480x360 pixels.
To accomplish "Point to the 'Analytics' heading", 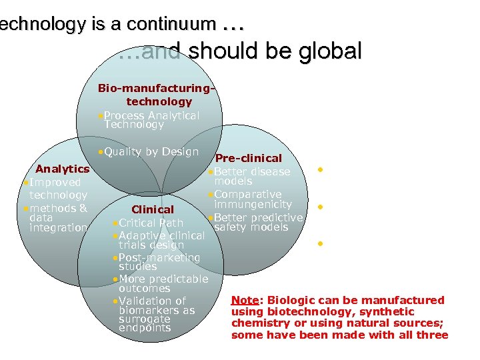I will coord(62,169).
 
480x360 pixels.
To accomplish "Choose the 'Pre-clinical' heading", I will coord(249,159).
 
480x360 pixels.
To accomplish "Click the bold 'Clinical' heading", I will coord(153,209).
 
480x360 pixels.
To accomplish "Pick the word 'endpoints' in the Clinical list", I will coord(145,328).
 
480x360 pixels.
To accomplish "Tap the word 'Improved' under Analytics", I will coord(55,182).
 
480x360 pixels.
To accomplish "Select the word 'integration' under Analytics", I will coord(59,228).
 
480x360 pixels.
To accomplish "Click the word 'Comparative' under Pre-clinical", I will coord(247,194).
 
